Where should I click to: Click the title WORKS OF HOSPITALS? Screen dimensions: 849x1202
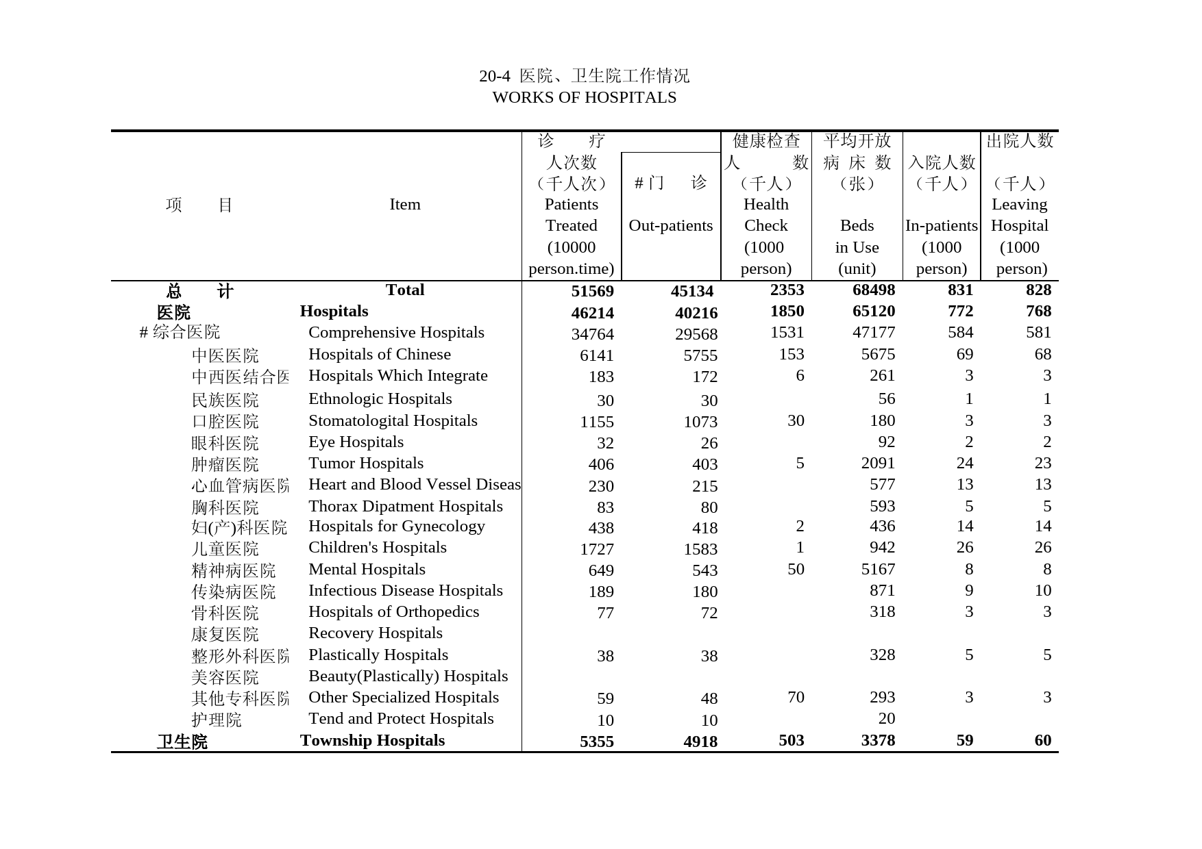pos(584,97)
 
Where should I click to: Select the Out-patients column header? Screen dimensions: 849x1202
pos(670,226)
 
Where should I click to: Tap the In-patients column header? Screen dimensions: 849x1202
pos(941,226)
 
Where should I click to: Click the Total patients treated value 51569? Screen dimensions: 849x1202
pos(592,291)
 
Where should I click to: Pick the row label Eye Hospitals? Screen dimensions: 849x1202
pos(356,442)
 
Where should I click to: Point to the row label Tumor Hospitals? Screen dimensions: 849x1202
pos(365,464)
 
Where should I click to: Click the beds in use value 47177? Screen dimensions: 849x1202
pos(874,333)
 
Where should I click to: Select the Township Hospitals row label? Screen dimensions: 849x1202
pos(372,741)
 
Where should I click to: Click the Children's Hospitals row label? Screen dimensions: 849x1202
pos(377,548)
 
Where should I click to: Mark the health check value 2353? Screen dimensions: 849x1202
pos(787,290)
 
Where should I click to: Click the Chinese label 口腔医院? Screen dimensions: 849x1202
pos(225,421)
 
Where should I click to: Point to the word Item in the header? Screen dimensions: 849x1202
pos(404,205)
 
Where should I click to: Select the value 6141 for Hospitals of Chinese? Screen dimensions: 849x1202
pos(596,356)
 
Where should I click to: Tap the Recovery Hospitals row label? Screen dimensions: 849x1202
pos(375,633)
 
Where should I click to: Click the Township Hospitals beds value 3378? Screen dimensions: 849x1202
pos(878,741)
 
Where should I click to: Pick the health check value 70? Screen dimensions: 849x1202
pos(796,698)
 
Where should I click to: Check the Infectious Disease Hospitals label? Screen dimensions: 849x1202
pos(405,591)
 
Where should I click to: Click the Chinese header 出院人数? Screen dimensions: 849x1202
pos(1020,141)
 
